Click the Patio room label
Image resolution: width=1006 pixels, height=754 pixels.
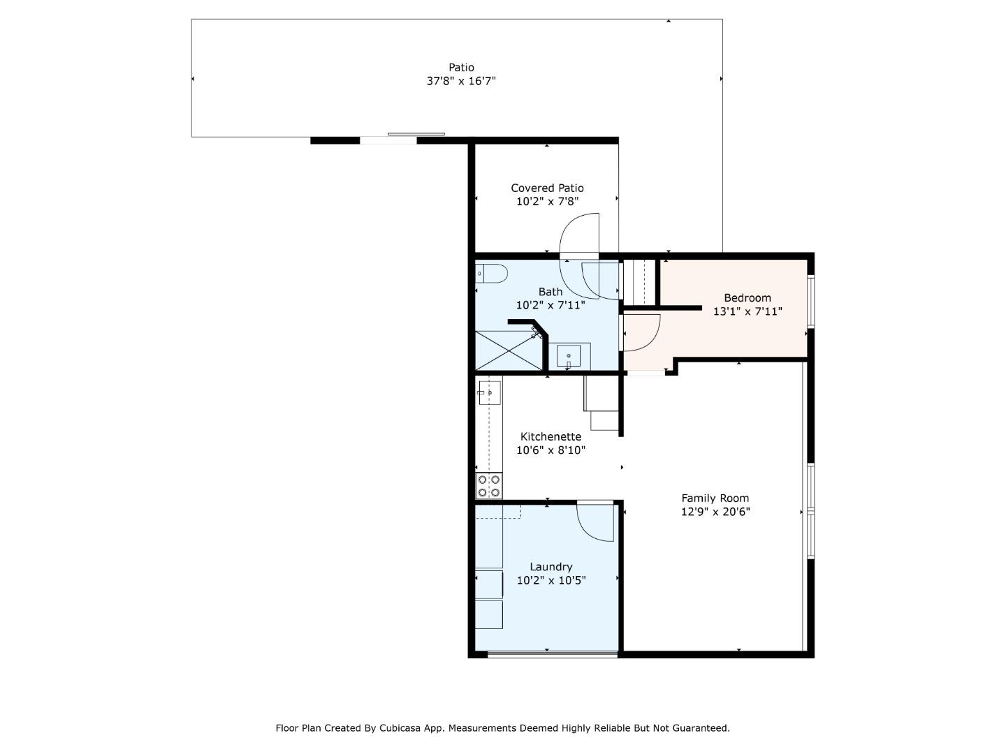tap(461, 68)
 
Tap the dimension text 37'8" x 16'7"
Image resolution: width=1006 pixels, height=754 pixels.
tap(461, 81)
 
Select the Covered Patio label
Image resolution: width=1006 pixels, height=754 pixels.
tap(547, 188)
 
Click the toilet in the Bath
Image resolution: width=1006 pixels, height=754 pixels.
tap(491, 274)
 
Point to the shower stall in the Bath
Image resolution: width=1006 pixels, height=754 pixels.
tap(509, 350)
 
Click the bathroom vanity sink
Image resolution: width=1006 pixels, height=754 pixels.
tap(569, 357)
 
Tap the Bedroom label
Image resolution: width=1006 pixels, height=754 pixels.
tap(747, 298)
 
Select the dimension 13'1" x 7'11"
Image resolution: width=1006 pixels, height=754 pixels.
tap(747, 311)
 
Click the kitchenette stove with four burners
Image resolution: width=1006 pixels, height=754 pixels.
tap(489, 486)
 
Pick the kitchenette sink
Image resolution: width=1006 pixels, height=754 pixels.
tap(489, 393)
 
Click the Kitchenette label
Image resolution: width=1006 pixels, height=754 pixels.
tap(551, 437)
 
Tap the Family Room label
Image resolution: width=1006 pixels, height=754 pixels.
tap(715, 498)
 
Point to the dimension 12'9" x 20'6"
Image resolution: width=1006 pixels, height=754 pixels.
tap(715, 512)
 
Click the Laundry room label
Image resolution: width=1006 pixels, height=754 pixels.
tap(551, 567)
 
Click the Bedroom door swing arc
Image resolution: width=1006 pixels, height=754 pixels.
tap(641, 333)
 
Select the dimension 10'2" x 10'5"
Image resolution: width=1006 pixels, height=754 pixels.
tap(551, 580)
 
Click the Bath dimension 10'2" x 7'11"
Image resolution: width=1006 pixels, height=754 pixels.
tap(551, 305)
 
